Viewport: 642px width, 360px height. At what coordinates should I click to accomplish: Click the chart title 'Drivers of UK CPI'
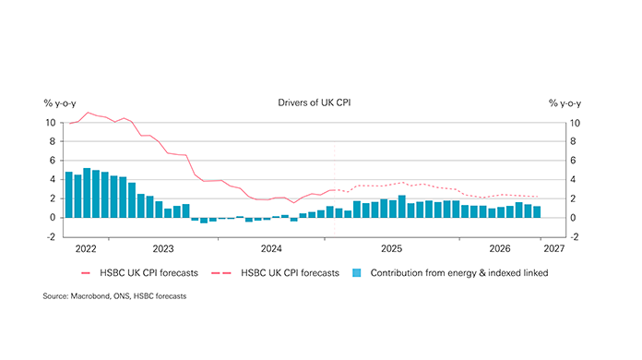314,103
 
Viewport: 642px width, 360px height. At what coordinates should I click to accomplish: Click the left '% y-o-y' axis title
60,103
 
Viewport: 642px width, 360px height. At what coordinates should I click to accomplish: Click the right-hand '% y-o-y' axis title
566,103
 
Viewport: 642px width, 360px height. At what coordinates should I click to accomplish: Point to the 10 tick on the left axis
51,123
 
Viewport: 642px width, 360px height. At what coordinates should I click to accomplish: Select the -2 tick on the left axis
51,237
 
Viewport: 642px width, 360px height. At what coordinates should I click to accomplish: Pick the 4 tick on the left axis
53,180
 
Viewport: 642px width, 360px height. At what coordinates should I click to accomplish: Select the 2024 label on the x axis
271,248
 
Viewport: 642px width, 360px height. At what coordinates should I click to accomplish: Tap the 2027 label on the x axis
554,248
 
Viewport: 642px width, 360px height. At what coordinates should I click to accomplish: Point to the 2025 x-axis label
392,248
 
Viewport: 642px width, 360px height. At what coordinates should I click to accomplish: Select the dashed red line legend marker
223,273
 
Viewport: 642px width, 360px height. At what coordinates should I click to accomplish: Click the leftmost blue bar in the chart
69,195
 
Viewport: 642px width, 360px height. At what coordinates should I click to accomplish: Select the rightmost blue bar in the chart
536,212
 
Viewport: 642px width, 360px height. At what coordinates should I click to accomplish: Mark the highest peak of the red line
88,113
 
